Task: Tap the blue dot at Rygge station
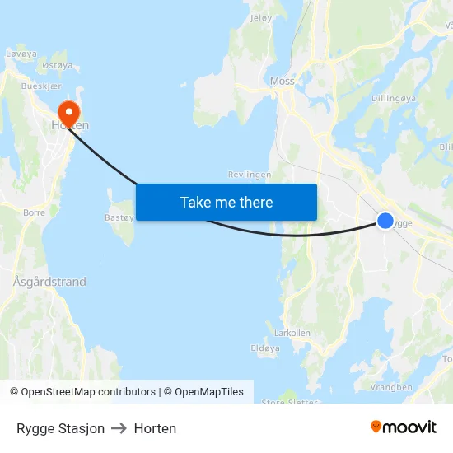point(385,220)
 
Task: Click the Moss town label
point(282,82)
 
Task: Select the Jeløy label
point(260,17)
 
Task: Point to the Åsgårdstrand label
point(49,282)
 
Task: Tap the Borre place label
point(35,212)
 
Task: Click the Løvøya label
point(22,53)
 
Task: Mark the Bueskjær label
point(40,85)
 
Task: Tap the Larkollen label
point(292,333)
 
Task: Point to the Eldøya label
point(265,348)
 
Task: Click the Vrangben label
point(391,387)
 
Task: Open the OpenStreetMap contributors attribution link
point(88,392)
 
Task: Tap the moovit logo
point(403,427)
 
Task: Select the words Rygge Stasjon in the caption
point(60,428)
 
